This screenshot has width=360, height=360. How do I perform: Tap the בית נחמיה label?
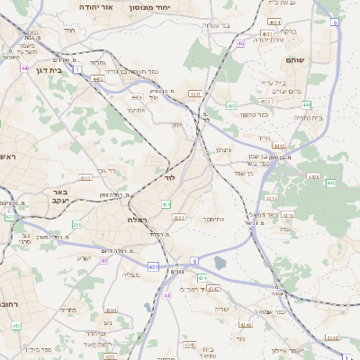point(307,117)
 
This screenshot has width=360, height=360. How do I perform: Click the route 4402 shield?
point(97,79)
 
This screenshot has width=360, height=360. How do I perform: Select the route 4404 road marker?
point(137,96)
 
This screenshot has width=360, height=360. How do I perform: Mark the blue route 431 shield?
point(154,266)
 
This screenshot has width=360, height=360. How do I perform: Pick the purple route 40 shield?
point(104,260)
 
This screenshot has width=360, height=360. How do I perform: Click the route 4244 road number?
point(213,289)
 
